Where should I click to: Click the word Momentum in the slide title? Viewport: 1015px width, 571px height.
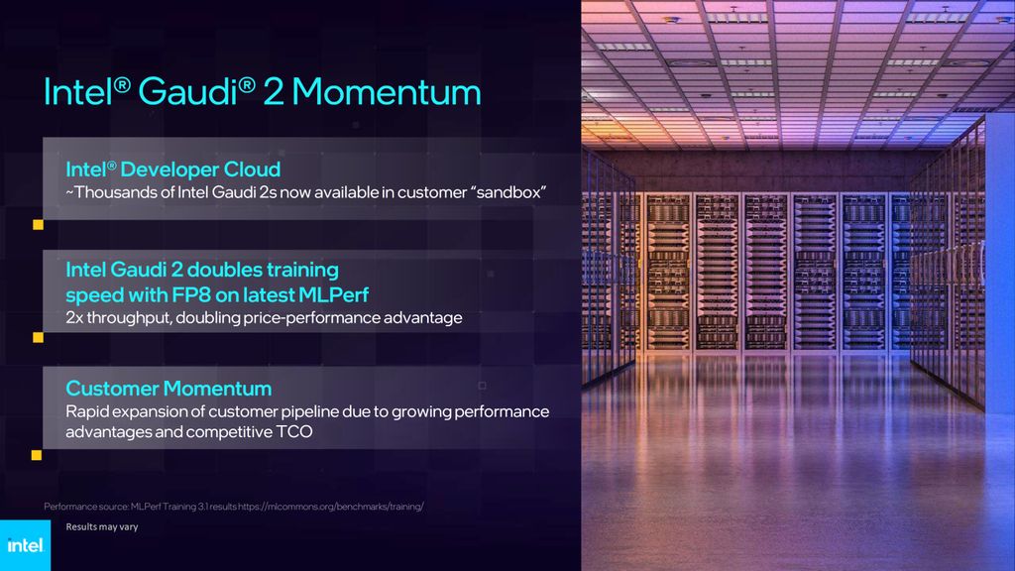pos(387,91)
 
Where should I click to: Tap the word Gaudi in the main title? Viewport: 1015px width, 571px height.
pos(187,91)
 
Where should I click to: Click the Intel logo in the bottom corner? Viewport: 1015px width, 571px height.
pos(25,545)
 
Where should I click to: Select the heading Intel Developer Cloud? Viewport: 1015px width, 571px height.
pos(172,169)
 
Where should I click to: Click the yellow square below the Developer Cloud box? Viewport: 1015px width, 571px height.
pos(39,225)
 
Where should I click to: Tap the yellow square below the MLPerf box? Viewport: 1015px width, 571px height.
pos(39,337)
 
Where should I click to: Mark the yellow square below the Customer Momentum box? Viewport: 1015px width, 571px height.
pos(37,455)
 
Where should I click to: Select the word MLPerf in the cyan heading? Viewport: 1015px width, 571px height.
pos(333,295)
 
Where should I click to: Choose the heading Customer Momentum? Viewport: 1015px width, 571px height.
pos(169,389)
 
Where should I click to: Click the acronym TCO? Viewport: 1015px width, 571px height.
pos(294,432)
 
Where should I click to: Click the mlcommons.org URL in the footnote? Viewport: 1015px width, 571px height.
pos(331,507)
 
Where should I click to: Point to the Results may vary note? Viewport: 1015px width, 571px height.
pos(102,527)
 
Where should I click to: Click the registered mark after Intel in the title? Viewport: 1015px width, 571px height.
pos(122,84)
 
